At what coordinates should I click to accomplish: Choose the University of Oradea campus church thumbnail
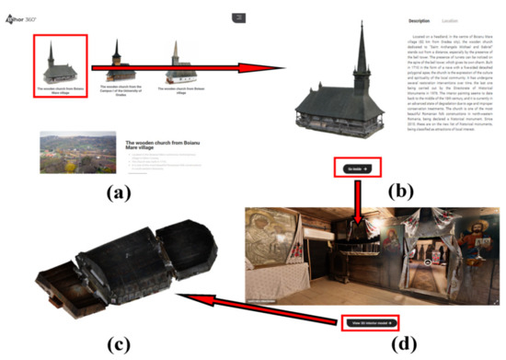pyautogui.click(x=116, y=62)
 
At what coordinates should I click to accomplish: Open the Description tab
pyautogui.click(x=419, y=19)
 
